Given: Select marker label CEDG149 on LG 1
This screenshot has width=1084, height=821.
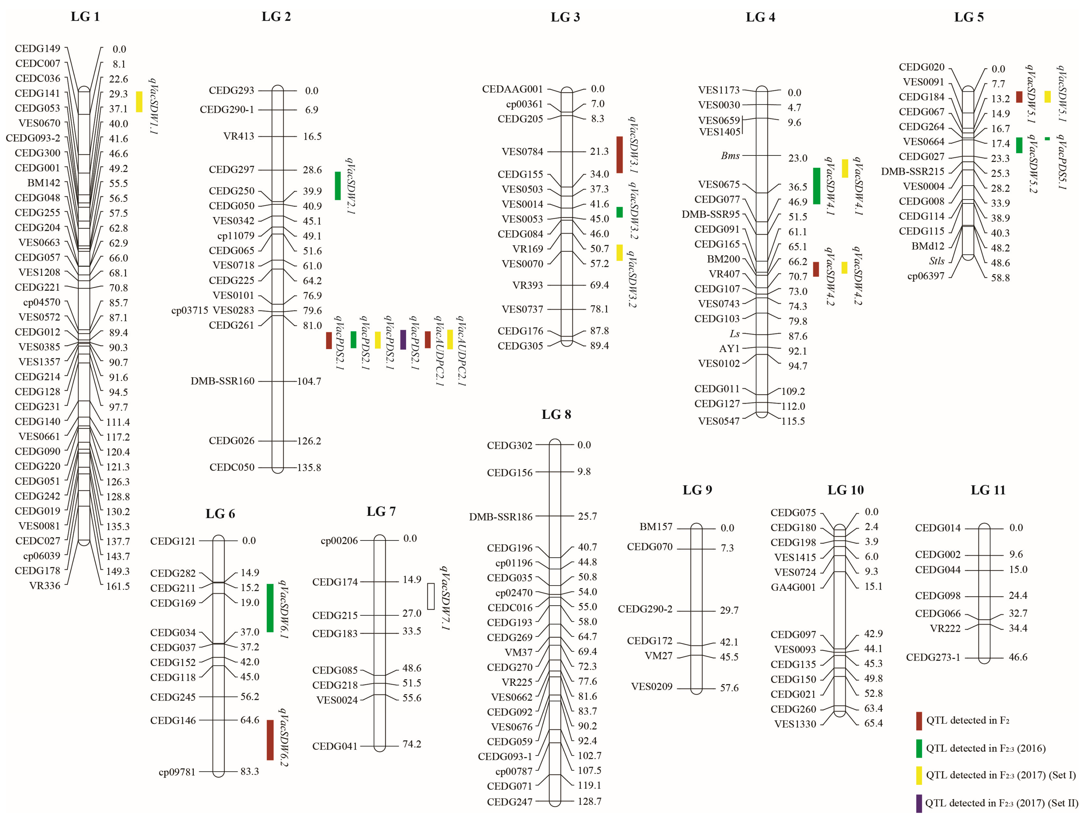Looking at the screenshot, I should pyautogui.click(x=37, y=49).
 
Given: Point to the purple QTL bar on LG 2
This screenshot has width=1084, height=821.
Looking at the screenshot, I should pyautogui.click(x=403, y=340).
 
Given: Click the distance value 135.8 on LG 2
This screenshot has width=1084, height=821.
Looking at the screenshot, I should pyautogui.click(x=309, y=467).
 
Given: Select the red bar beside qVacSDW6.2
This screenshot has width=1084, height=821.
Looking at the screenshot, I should pyautogui.click(x=270, y=740).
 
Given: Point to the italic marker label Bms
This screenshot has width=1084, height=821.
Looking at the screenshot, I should pyautogui.click(x=730, y=156).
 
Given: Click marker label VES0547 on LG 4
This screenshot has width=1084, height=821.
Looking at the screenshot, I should pyautogui.click(x=719, y=421).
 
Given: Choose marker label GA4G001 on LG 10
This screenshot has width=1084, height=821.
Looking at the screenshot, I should pyautogui.click(x=793, y=587).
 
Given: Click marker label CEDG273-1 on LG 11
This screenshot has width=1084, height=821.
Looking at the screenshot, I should pyautogui.click(x=933, y=657).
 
